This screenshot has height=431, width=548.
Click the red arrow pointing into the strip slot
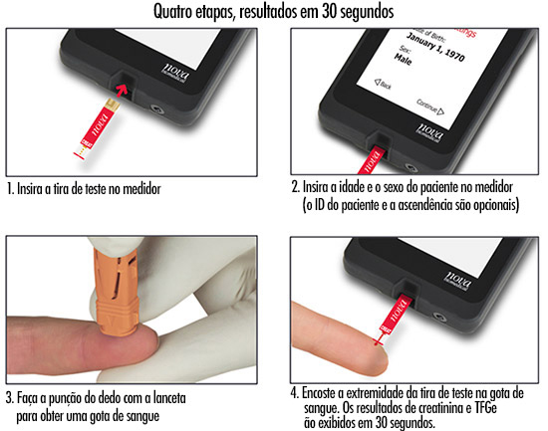pos(122,90)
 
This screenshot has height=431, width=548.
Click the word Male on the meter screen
pos(404,59)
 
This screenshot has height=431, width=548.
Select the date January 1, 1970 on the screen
pos(435,47)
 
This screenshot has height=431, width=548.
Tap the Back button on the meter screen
pos(383,84)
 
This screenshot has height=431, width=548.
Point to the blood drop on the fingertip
pos(377,343)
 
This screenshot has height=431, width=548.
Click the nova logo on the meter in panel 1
pos(176,74)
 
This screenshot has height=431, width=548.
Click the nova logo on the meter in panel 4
pos(458,280)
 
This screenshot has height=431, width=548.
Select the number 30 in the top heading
pos(329,12)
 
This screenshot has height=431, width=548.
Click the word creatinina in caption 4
pos(444,407)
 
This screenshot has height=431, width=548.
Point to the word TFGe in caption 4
pos(486,407)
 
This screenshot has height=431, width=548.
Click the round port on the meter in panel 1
pos(158,109)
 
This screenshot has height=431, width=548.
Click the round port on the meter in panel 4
pos(439,318)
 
